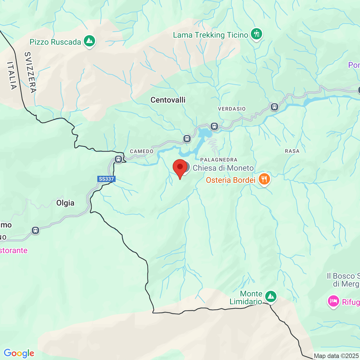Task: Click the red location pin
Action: pyautogui.click(x=180, y=168)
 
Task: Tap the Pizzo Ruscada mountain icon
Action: pyautogui.click(x=89, y=41)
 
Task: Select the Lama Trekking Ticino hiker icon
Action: pyautogui.click(x=256, y=34)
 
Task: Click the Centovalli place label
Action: pyautogui.click(x=168, y=100)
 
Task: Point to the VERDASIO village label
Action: pyautogui.click(x=232, y=109)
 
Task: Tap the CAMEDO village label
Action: pyautogui.click(x=142, y=151)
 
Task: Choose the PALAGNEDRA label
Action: pyautogui.click(x=219, y=160)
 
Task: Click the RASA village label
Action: pyautogui.click(x=292, y=151)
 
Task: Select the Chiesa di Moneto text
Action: pyautogui.click(x=223, y=168)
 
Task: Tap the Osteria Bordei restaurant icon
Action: pyautogui.click(x=264, y=179)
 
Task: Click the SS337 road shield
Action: pyautogui.click(x=106, y=179)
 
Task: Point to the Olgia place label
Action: pyautogui.click(x=65, y=203)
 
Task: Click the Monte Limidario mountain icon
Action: pyautogui.click(x=271, y=296)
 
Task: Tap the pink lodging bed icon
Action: pyautogui.click(x=333, y=301)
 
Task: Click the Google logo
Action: pyautogui.click(x=19, y=353)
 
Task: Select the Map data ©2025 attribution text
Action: pyautogui.click(x=336, y=356)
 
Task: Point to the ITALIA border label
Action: pyautogui.click(x=12, y=75)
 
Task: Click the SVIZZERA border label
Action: pyautogui.click(x=30, y=72)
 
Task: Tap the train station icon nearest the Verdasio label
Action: pyautogui.click(x=274, y=107)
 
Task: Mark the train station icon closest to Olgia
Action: pyautogui.click(x=35, y=230)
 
